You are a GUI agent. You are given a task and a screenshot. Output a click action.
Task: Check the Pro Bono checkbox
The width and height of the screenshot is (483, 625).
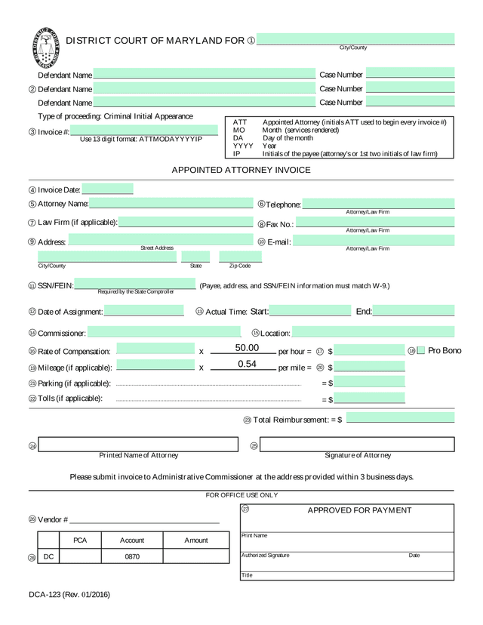click(421, 350)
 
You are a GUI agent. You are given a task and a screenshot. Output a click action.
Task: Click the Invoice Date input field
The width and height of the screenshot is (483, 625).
click(107, 189)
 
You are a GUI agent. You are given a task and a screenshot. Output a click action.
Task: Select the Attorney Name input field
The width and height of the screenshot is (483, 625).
click(171, 203)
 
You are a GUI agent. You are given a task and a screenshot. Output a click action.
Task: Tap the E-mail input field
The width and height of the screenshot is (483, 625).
click(374, 242)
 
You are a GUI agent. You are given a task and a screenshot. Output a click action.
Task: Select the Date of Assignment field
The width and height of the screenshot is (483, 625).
click(143, 311)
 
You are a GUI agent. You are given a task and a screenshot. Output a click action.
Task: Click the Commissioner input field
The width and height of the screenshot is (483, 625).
click(163, 332)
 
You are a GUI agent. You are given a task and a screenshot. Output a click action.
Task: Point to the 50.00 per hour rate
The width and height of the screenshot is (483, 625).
click(247, 348)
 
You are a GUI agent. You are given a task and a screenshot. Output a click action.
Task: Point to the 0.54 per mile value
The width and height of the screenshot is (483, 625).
click(247, 364)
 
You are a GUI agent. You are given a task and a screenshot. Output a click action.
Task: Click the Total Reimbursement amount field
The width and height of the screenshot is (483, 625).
click(400, 418)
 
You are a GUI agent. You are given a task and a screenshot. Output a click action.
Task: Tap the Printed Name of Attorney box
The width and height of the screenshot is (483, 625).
click(139, 445)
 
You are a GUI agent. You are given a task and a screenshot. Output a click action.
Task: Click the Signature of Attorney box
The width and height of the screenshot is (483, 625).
click(358, 445)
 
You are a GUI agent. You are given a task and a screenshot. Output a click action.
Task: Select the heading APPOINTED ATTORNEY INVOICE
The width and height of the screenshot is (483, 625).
click(241, 170)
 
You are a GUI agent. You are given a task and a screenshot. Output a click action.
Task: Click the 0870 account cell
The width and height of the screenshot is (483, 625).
click(132, 556)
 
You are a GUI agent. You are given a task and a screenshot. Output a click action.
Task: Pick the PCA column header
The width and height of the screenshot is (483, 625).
click(80, 540)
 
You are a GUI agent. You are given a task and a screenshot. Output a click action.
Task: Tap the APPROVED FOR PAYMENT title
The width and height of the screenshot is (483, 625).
click(359, 510)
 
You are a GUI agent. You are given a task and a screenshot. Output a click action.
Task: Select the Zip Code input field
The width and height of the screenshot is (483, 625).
click(239, 257)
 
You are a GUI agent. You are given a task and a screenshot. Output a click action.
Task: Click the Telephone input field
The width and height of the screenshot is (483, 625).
click(379, 204)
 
